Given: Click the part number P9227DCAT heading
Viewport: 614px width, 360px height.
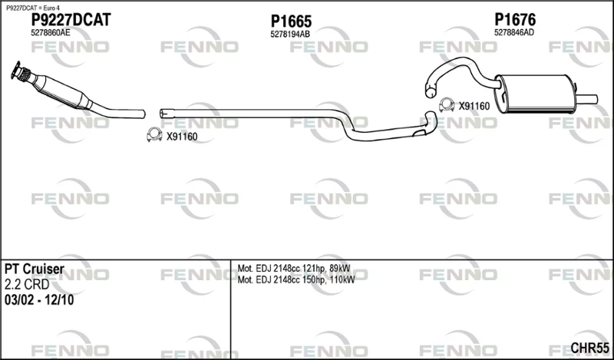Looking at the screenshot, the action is [71, 20].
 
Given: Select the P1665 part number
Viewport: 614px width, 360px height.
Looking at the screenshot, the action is [291, 21].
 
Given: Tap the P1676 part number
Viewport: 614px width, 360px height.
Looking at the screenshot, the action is [515, 20].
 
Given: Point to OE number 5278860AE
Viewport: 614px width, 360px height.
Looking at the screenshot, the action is [51, 33].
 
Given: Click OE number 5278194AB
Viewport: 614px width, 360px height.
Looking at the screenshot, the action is [290, 35].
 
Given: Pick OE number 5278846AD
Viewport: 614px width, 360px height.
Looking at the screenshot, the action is [514, 32].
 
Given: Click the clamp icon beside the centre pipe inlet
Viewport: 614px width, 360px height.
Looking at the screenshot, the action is [154, 134].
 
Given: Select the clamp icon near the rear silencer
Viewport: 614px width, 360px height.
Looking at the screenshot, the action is [447, 104].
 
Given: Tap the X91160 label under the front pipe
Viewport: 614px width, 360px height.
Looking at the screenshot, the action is [182, 137].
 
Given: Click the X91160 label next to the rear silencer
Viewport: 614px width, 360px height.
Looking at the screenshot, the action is [474, 106].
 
